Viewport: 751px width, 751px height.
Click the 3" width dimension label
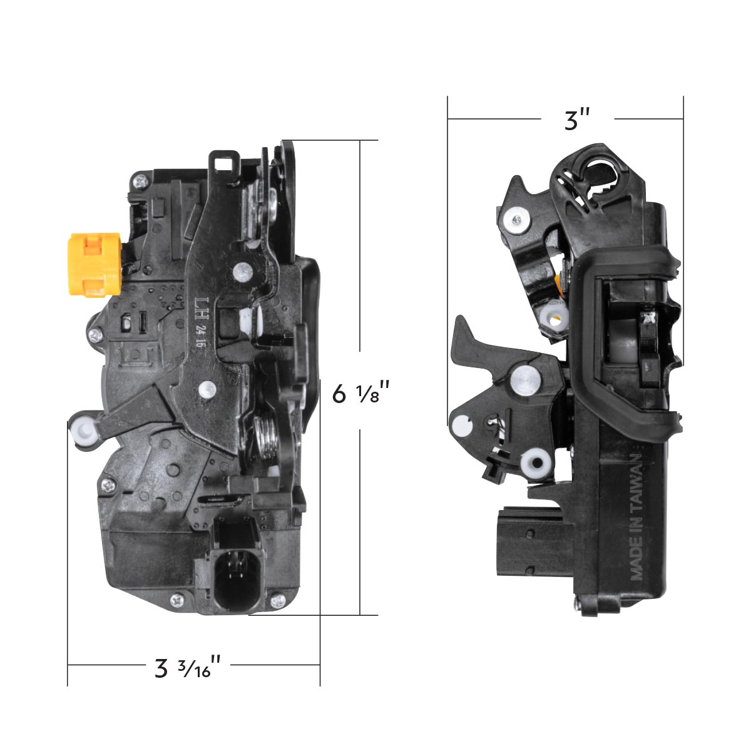577,119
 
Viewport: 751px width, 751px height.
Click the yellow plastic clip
94,263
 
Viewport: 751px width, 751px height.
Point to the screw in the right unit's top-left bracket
515,219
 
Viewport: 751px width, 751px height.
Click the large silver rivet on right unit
525,379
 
